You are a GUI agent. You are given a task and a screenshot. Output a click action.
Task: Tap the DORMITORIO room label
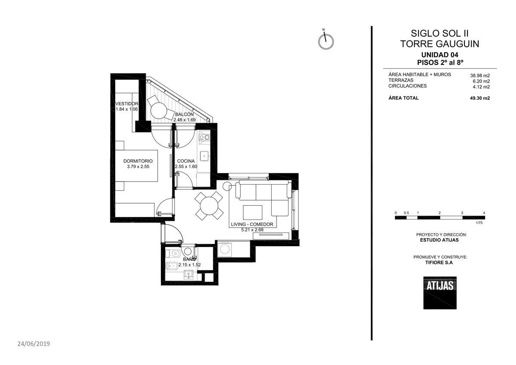tap(138, 161)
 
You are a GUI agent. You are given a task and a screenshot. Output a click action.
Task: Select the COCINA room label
tap(186, 161)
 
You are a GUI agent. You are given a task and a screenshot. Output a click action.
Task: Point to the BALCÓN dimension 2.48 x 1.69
tap(184, 120)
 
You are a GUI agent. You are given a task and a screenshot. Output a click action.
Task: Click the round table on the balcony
tap(159, 111)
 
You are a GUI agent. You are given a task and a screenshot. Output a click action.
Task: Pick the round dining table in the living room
tap(209, 206)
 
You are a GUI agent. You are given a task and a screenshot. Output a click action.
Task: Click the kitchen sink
tap(204, 156)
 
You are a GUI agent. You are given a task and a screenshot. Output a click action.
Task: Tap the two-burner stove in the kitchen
tap(205, 137)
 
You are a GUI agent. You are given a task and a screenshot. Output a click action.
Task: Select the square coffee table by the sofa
tap(252, 212)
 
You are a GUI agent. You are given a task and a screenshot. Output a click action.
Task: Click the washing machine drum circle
tap(224, 249)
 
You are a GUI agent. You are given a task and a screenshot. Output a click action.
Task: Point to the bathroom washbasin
tap(188, 275)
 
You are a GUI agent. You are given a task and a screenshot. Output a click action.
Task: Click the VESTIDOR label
tap(127, 104)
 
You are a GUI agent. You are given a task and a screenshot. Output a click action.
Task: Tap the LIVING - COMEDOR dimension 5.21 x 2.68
tap(252, 230)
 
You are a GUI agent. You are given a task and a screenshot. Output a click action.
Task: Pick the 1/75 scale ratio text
tap(479, 223)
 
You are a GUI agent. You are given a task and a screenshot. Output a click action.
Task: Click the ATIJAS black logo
tap(440, 293)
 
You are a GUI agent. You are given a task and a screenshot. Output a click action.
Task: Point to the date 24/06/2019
tap(34, 344)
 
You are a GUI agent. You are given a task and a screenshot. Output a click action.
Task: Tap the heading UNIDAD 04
tap(440, 55)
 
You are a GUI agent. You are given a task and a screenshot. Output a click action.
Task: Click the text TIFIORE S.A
tap(439, 263)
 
